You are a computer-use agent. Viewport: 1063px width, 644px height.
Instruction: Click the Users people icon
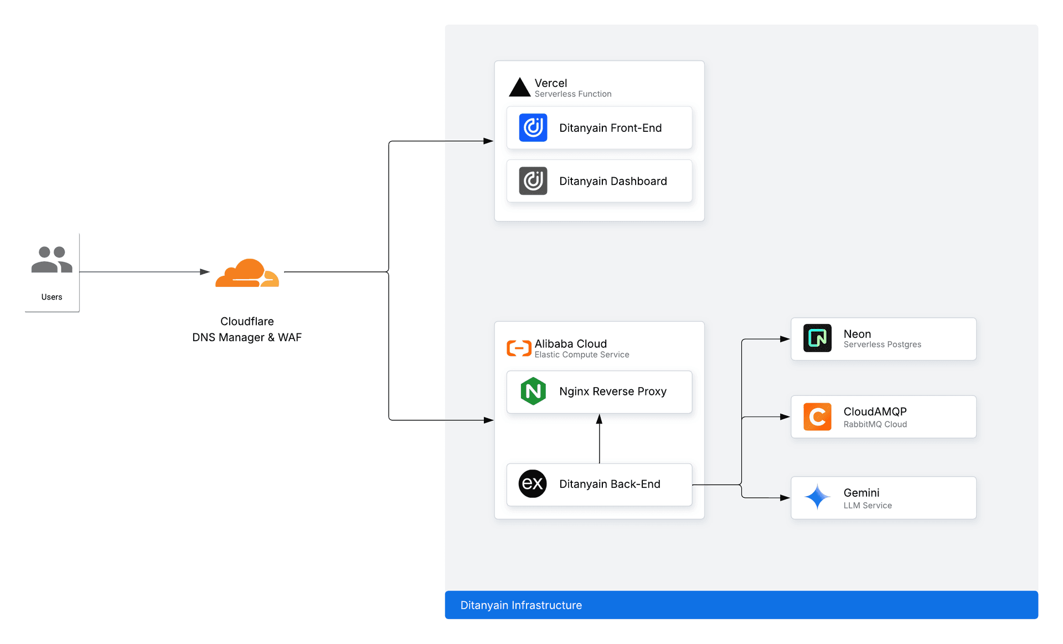click(x=51, y=260)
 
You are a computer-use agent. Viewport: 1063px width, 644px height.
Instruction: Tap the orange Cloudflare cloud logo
click(x=247, y=273)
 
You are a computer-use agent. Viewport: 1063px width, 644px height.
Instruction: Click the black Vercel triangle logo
click(x=519, y=87)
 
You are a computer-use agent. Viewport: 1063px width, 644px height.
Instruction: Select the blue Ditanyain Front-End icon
click(x=533, y=128)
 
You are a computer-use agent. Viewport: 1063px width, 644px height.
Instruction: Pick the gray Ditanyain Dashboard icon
click(x=533, y=181)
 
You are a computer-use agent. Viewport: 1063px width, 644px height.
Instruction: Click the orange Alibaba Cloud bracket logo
click(x=519, y=348)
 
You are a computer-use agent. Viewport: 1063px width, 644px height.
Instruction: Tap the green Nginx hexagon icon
click(x=533, y=391)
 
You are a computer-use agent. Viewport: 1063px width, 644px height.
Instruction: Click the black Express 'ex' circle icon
click(x=532, y=484)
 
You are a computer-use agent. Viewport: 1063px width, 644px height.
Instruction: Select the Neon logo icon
click(x=817, y=338)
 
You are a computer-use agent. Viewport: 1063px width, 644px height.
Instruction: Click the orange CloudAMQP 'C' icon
click(x=817, y=417)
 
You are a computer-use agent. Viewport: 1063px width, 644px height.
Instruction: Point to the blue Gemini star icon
click(x=817, y=497)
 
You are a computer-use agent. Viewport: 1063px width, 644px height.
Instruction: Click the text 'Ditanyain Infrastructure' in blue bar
click(x=521, y=605)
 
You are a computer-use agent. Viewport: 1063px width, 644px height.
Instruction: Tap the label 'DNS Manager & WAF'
click(x=247, y=337)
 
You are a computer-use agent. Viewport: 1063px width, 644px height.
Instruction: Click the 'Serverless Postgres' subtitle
click(x=882, y=344)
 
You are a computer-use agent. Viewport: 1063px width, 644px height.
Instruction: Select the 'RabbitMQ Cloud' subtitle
click(x=875, y=424)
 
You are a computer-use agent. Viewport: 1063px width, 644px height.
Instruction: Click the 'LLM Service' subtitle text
click(x=868, y=506)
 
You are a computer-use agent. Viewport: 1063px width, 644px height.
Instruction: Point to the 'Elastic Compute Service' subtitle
click(x=581, y=354)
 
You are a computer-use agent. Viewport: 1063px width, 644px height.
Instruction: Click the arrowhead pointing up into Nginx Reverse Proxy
click(x=599, y=419)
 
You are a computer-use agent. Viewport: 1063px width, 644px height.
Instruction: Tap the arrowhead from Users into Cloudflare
click(x=205, y=272)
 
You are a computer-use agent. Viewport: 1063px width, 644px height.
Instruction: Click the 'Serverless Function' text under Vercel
click(x=572, y=94)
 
